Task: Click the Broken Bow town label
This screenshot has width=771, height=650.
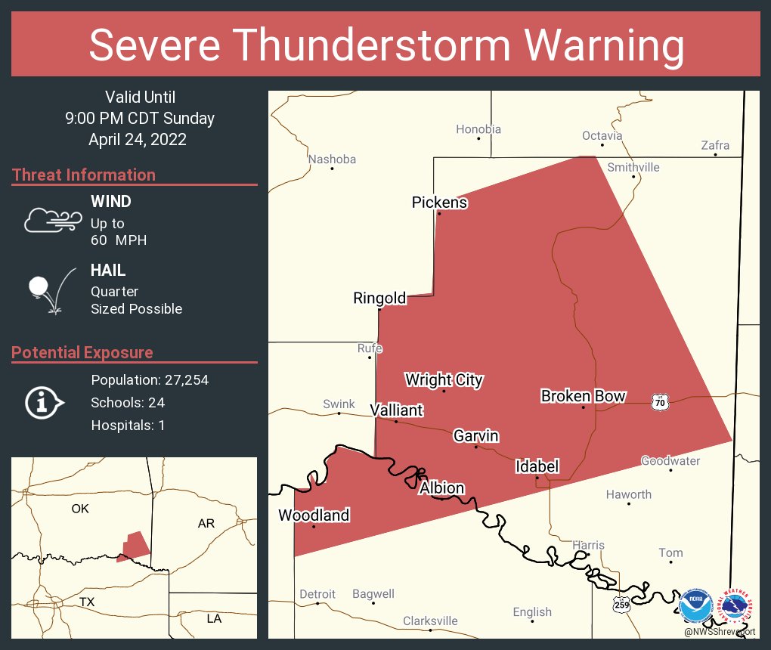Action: coord(583,396)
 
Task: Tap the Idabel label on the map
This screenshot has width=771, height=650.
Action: coord(537,466)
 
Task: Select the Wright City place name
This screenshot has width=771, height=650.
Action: coord(444,379)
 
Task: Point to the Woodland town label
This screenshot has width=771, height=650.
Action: coord(314,515)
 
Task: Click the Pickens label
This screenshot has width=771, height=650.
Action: coord(439,203)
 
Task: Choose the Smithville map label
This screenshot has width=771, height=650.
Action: coord(633,167)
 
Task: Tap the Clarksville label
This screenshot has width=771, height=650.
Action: coord(430,621)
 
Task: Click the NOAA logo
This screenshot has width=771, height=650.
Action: coord(695,606)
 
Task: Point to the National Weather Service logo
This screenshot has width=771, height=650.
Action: coord(736,606)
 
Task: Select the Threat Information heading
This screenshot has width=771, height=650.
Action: coord(84,175)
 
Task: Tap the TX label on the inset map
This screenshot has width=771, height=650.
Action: coord(87,602)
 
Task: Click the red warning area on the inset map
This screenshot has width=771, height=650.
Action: coord(134,546)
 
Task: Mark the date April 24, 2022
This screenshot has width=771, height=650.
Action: coord(138,139)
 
